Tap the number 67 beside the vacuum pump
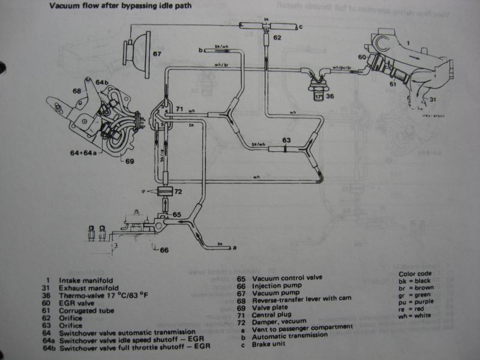(157, 54)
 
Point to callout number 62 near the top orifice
(277, 37)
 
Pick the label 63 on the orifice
(287, 140)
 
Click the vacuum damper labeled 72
(163, 191)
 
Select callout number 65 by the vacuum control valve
(176, 214)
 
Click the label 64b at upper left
(102, 82)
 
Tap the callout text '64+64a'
(83, 152)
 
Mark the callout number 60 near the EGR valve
(362, 57)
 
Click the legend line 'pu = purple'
(417, 304)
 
